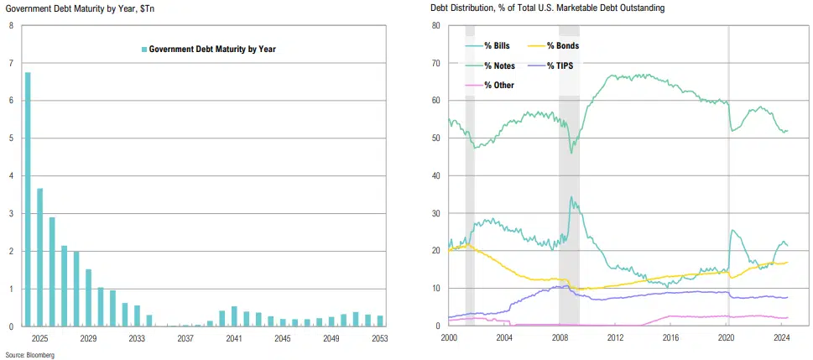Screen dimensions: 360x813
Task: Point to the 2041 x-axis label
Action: tap(233, 338)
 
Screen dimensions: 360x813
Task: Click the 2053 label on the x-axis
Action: tap(379, 338)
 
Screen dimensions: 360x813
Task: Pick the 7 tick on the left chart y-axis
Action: tap(11, 63)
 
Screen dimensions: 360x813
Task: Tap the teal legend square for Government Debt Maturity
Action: tap(144, 50)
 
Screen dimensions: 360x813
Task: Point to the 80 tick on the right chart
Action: tap(436, 25)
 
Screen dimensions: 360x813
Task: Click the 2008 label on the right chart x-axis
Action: tap(560, 338)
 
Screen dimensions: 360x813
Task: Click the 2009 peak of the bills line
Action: tap(571, 197)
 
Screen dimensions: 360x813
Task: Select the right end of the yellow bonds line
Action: tap(787, 263)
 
